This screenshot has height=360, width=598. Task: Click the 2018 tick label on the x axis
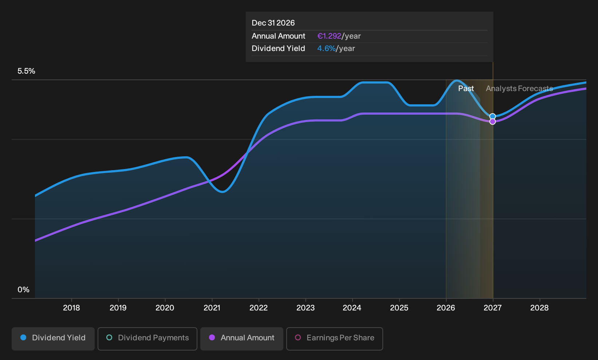coord(71,308)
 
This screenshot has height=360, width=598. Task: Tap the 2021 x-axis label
coord(212,308)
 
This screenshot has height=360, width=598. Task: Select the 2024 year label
coord(352,308)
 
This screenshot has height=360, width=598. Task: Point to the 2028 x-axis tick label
coord(539,308)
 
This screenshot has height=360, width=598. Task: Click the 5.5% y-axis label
coord(26,71)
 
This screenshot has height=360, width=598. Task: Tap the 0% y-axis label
coord(24,290)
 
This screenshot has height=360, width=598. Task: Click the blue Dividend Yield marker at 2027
coord(492,117)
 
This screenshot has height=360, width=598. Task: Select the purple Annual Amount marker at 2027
coord(492,122)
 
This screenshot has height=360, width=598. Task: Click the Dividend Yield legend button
coord(53,339)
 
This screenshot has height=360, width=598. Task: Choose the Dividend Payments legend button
coord(147,339)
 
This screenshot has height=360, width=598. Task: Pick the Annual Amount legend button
coord(241,339)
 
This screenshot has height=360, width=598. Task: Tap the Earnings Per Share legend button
coord(334,339)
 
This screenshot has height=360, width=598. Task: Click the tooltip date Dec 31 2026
coord(273,23)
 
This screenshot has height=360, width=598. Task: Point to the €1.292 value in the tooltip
coord(329,36)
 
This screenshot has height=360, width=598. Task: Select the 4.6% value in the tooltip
coord(326,48)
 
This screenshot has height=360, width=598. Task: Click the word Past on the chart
coord(466,89)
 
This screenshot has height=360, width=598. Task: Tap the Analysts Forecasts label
coord(519,89)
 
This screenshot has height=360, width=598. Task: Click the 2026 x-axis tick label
coord(446,308)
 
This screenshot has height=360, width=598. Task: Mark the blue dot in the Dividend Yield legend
coord(24,337)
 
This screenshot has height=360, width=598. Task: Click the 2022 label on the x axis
coord(259,308)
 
